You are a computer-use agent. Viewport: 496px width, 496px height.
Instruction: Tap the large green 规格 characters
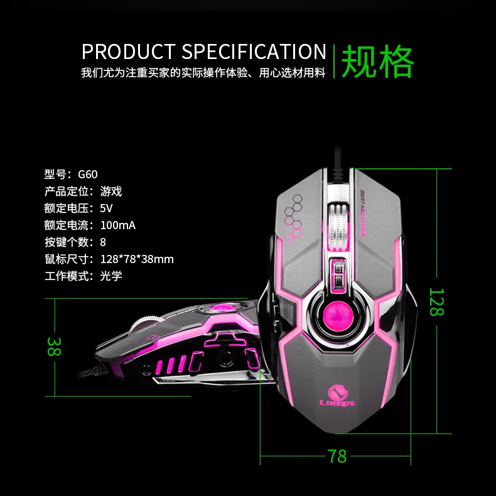click(377, 61)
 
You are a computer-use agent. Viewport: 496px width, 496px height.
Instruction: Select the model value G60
click(88, 175)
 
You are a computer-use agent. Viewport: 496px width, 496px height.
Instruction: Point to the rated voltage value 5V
click(106, 208)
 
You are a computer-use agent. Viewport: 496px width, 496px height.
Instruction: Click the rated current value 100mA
click(118, 225)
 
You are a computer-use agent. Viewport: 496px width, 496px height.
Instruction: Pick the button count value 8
click(103, 242)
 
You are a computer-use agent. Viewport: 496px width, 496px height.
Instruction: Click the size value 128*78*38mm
click(137, 259)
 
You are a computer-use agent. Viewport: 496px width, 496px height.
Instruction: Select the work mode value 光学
click(111, 276)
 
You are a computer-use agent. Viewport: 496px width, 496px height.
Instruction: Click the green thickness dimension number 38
click(53, 347)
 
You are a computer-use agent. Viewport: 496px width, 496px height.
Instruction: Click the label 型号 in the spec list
click(55, 175)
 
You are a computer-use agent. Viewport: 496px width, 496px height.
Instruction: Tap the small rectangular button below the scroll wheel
click(338, 274)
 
